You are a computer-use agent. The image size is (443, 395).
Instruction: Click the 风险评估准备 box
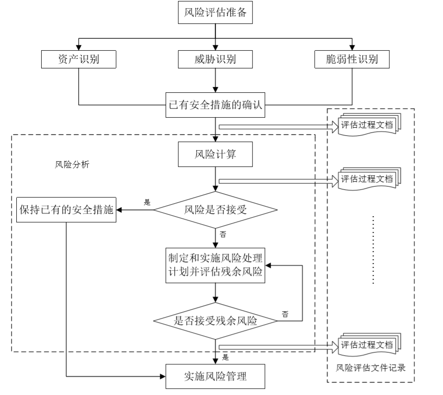[x=215, y=13]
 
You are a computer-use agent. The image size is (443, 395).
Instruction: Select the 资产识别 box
[x=78, y=59]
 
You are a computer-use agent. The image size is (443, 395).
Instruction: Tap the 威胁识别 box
[x=215, y=59]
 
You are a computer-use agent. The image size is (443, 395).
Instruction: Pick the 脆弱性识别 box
[x=352, y=59]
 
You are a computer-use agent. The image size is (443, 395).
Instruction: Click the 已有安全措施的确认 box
[x=215, y=105]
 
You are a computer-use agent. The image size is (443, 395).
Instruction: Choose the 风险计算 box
[x=215, y=154]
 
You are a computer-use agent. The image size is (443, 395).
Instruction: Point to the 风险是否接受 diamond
[x=215, y=209]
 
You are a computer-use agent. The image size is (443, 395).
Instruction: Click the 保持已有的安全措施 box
[x=66, y=209]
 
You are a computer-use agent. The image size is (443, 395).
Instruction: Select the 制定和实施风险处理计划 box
[x=215, y=265]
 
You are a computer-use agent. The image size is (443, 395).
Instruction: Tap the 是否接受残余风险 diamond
[x=215, y=321]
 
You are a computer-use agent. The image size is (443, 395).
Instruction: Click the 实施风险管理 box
[x=215, y=376]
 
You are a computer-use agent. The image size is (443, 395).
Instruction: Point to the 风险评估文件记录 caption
[x=371, y=368]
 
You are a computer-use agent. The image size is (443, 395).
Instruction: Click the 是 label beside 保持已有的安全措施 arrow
[x=147, y=202]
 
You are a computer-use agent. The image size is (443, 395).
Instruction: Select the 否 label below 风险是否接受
[x=223, y=234]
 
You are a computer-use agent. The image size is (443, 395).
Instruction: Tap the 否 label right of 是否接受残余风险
[x=285, y=314]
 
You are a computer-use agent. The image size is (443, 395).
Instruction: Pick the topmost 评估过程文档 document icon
[x=368, y=126]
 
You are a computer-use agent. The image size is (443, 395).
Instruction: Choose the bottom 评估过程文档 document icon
[x=368, y=345]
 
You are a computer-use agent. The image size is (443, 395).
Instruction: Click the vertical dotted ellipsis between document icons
[x=373, y=249]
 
